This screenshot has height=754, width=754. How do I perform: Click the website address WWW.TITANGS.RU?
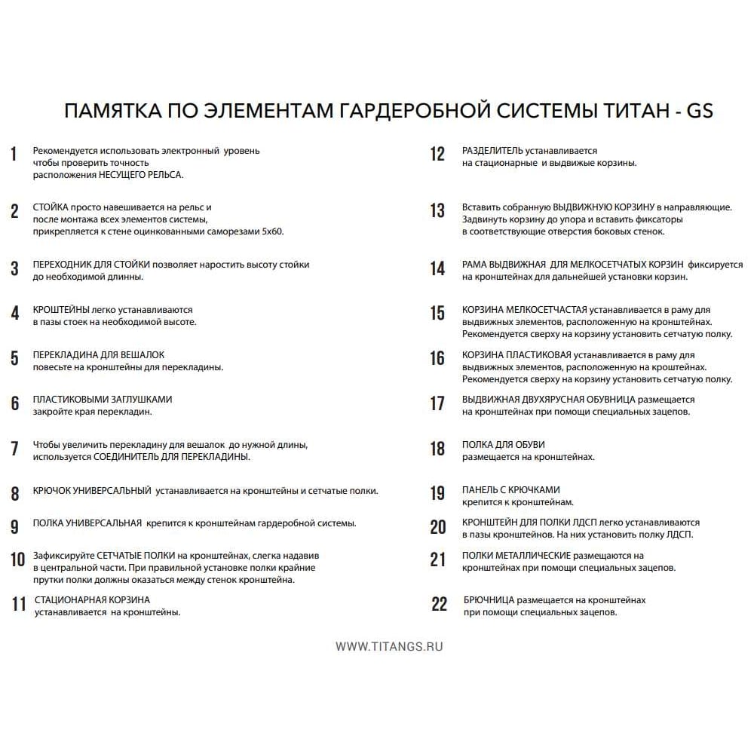tap(389, 646)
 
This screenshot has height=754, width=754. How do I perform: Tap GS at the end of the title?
tap(698, 111)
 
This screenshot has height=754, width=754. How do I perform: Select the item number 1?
tap(14, 155)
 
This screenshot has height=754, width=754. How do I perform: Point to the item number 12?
tap(437, 155)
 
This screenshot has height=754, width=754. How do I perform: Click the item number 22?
tap(439, 604)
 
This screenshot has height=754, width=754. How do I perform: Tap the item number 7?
tap(14, 449)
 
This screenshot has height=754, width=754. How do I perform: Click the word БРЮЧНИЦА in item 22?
tap(489, 600)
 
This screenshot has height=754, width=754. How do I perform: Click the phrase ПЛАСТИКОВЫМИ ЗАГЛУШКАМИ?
tap(103, 400)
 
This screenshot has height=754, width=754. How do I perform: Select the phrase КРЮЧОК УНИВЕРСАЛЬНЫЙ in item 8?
tap(91, 491)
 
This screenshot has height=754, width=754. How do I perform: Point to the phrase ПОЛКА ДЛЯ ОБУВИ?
tap(503, 445)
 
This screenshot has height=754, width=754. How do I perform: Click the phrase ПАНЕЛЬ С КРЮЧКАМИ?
tap(510, 490)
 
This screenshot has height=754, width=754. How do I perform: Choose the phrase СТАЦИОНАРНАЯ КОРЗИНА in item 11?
tap(92, 600)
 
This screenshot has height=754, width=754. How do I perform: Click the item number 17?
tap(437, 403)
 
